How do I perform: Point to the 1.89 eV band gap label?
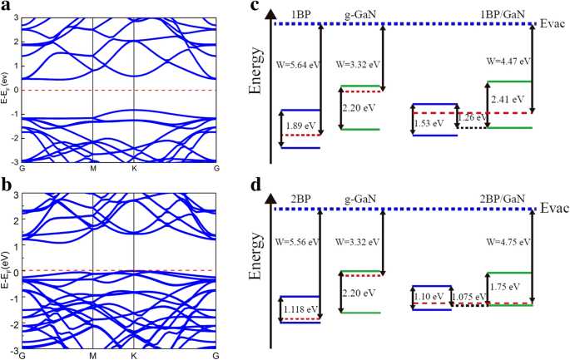[300, 126]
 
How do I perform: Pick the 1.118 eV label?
[300, 308]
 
